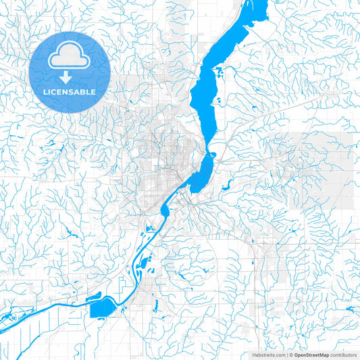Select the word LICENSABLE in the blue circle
click(70, 91)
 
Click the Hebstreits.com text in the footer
click(266, 354)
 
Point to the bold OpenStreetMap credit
click(312, 354)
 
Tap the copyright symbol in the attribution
click(290, 354)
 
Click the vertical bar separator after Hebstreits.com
click(285, 354)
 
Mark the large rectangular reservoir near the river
click(101, 308)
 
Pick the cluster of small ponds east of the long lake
click(217, 101)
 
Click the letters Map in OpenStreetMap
click(326, 354)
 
